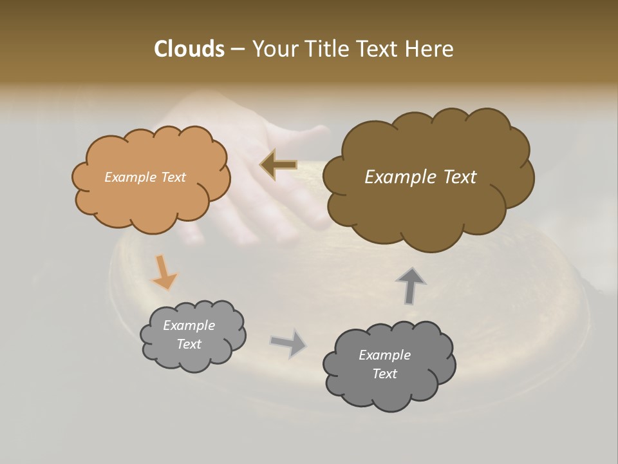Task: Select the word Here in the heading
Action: (x=430, y=49)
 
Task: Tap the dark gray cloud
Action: (x=389, y=393)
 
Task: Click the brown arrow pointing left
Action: (x=279, y=165)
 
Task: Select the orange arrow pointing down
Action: (x=164, y=273)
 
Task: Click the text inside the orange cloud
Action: (x=145, y=177)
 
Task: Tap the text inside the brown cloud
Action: (x=420, y=177)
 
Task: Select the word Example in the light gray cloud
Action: (x=189, y=325)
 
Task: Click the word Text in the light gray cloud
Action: (x=189, y=344)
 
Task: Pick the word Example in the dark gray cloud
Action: (x=384, y=355)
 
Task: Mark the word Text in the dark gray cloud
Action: (x=384, y=374)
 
